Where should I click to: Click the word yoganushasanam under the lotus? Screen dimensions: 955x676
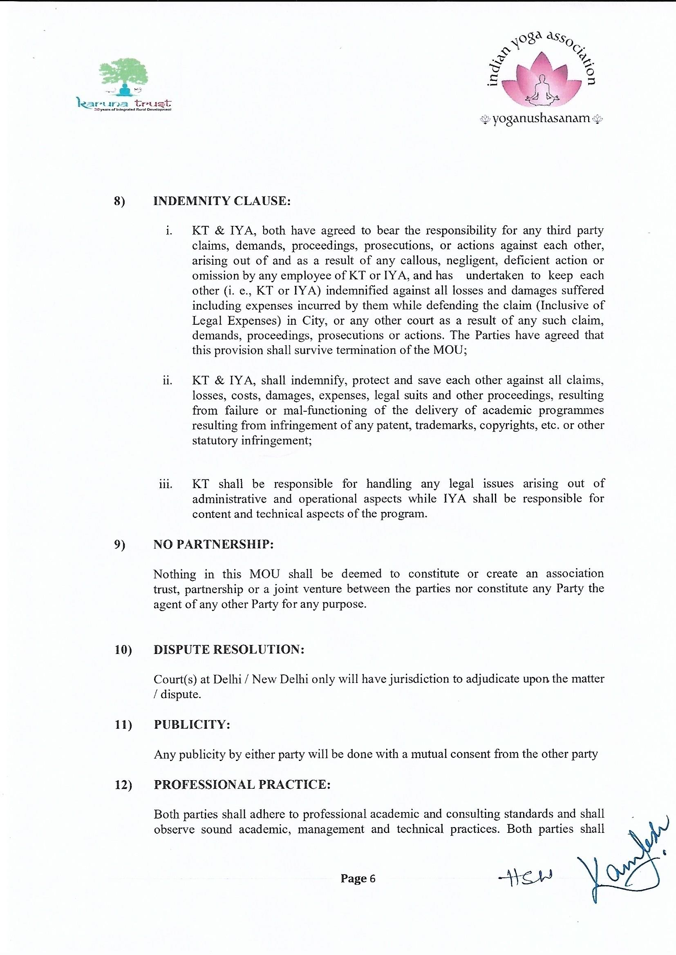coord(542,119)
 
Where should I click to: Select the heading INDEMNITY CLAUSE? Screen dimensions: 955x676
coord(222,201)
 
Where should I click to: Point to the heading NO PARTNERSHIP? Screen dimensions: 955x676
coord(213,545)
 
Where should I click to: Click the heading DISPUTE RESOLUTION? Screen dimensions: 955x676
coord(229,650)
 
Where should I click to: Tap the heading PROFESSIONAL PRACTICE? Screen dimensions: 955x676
coord(242,785)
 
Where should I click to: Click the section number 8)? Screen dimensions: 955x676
coord(120,202)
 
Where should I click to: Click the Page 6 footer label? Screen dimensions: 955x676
coord(358,879)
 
